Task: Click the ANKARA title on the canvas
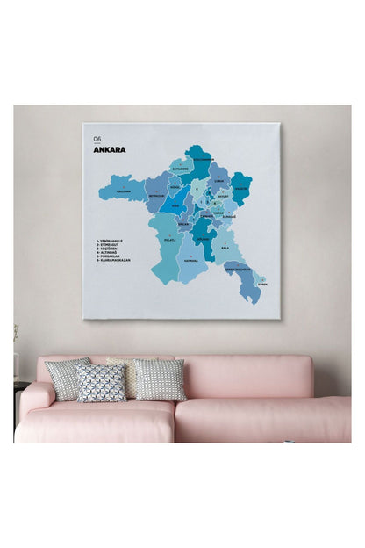109,149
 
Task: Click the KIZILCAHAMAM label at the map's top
202,159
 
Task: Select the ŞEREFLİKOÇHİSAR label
239,269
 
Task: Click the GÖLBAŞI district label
204,238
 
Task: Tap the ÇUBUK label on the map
219,180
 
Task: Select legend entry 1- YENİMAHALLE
111,240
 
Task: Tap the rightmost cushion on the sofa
161,379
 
